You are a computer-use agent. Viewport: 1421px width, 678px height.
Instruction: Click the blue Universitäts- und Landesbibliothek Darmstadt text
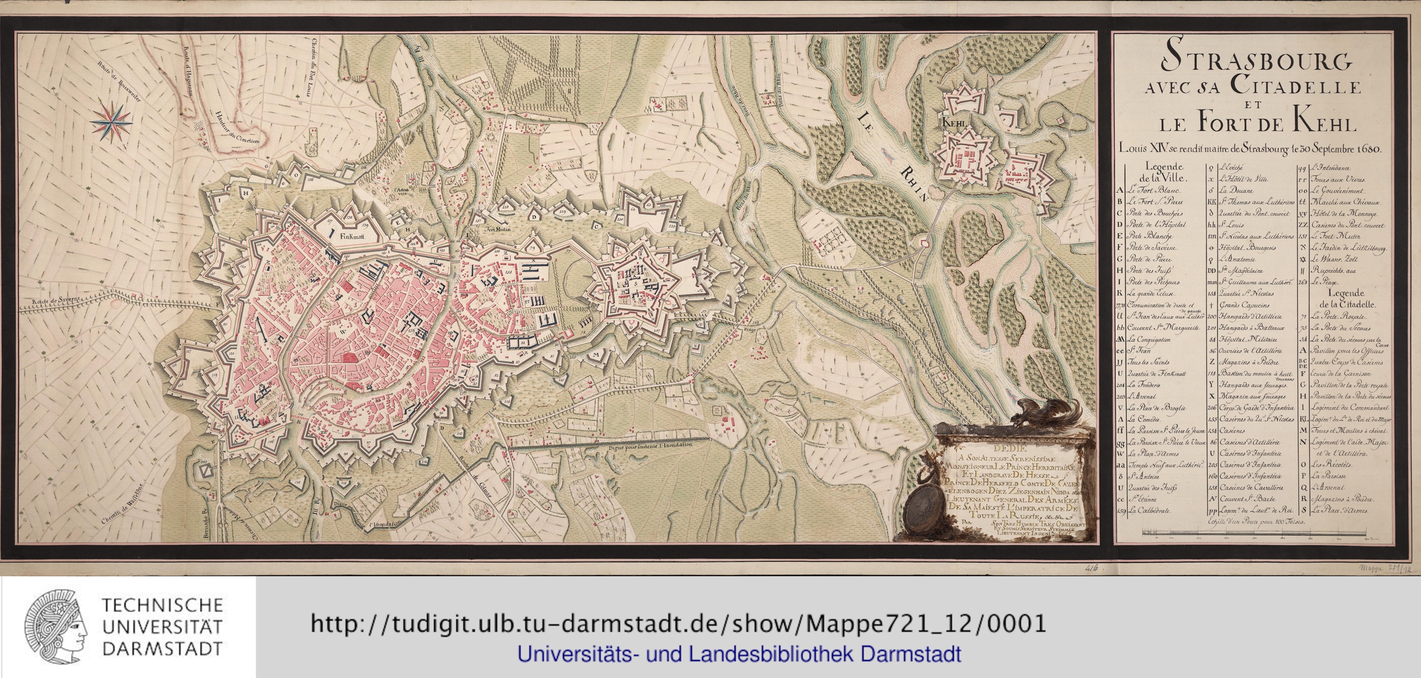tap(739, 654)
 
